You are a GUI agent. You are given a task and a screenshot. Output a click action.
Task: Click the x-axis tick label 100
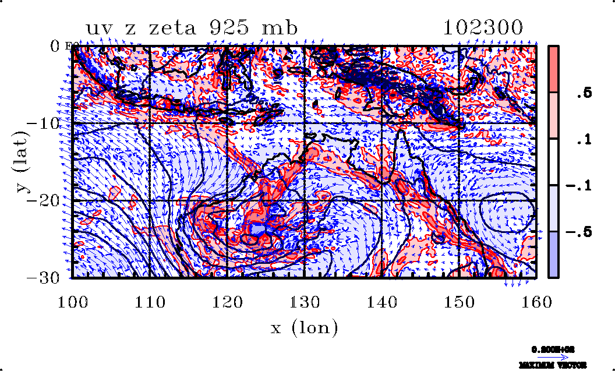click(72, 302)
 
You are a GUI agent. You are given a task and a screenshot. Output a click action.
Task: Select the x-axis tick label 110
click(150, 302)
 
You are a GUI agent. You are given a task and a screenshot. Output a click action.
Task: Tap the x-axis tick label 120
click(227, 302)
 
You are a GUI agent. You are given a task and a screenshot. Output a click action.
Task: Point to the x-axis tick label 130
click(305, 302)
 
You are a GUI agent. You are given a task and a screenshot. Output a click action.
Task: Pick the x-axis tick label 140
click(382, 302)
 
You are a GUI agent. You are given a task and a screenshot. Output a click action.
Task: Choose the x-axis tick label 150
click(459, 302)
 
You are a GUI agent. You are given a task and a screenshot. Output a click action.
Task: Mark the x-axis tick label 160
click(536, 302)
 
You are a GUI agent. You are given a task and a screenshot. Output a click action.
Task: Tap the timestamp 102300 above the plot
click(483, 27)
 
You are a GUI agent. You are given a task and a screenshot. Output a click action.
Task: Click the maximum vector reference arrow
click(553, 357)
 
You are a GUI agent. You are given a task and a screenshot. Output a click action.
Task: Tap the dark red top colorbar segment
click(554, 69)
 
